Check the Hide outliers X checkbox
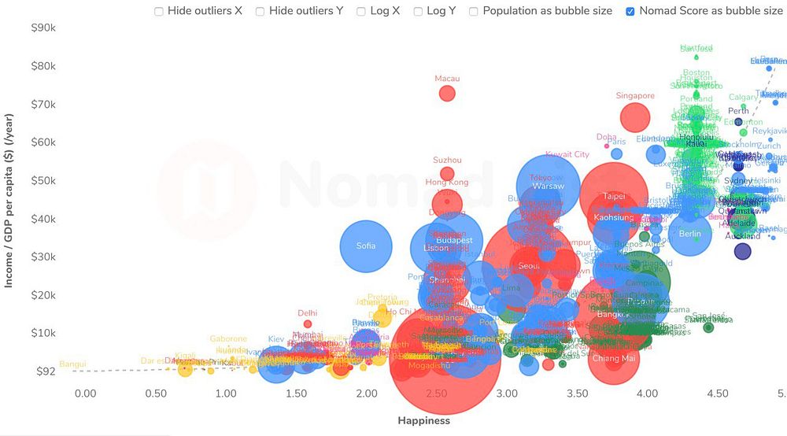tap(159, 12)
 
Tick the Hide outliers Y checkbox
tap(260, 12)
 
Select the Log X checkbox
tap(360, 12)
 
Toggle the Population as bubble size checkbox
tap(474, 12)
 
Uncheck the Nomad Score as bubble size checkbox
tap(630, 12)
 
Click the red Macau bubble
tap(447, 94)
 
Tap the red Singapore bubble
tap(635, 117)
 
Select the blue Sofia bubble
tap(366, 246)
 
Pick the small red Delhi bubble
tap(308, 323)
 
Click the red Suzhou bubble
tap(447, 174)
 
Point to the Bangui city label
tap(72, 364)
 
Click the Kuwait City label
tap(567, 155)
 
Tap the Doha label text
tap(607, 137)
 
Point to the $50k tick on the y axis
tap(42, 180)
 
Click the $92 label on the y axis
tap(46, 371)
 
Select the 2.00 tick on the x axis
tap(366, 393)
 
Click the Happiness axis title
tap(423, 420)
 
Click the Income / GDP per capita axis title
tap(9, 200)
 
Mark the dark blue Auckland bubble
tap(742, 251)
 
